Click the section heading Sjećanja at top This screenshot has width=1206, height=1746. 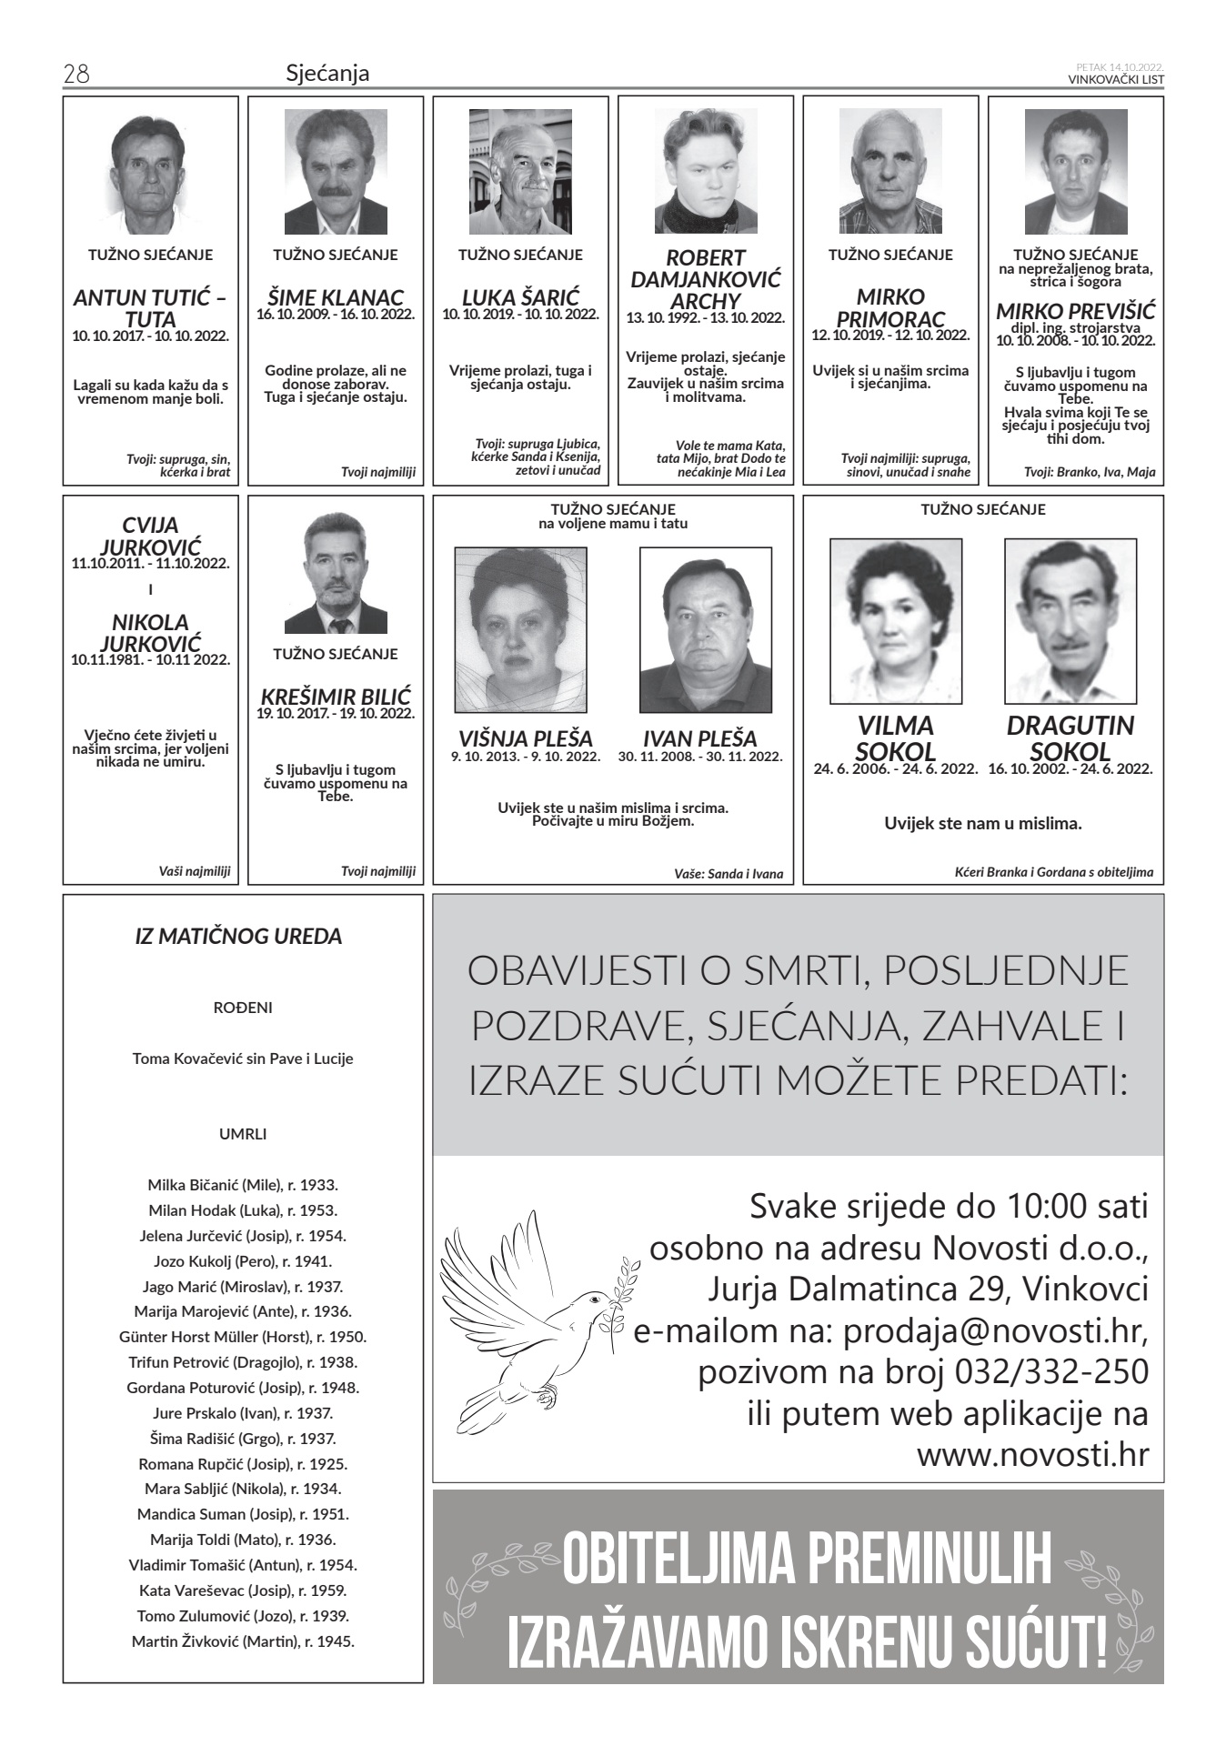click(327, 74)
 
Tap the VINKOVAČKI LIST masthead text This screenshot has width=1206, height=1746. click(1116, 80)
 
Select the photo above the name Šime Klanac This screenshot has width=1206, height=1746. click(336, 172)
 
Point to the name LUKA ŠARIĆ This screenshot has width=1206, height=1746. click(520, 297)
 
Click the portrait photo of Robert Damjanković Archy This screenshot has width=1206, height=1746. click(706, 172)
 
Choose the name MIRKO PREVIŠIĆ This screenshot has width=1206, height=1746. click(1075, 309)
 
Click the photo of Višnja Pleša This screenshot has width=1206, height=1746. click(520, 629)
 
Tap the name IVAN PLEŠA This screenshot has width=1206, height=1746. click(699, 738)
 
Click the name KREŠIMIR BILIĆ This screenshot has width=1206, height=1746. click(336, 696)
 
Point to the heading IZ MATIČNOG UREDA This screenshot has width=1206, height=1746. click(238, 936)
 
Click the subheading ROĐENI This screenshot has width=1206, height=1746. click(243, 1008)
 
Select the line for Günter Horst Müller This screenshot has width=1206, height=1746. click(243, 1337)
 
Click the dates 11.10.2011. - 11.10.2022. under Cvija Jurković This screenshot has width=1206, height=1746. click(150, 563)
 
